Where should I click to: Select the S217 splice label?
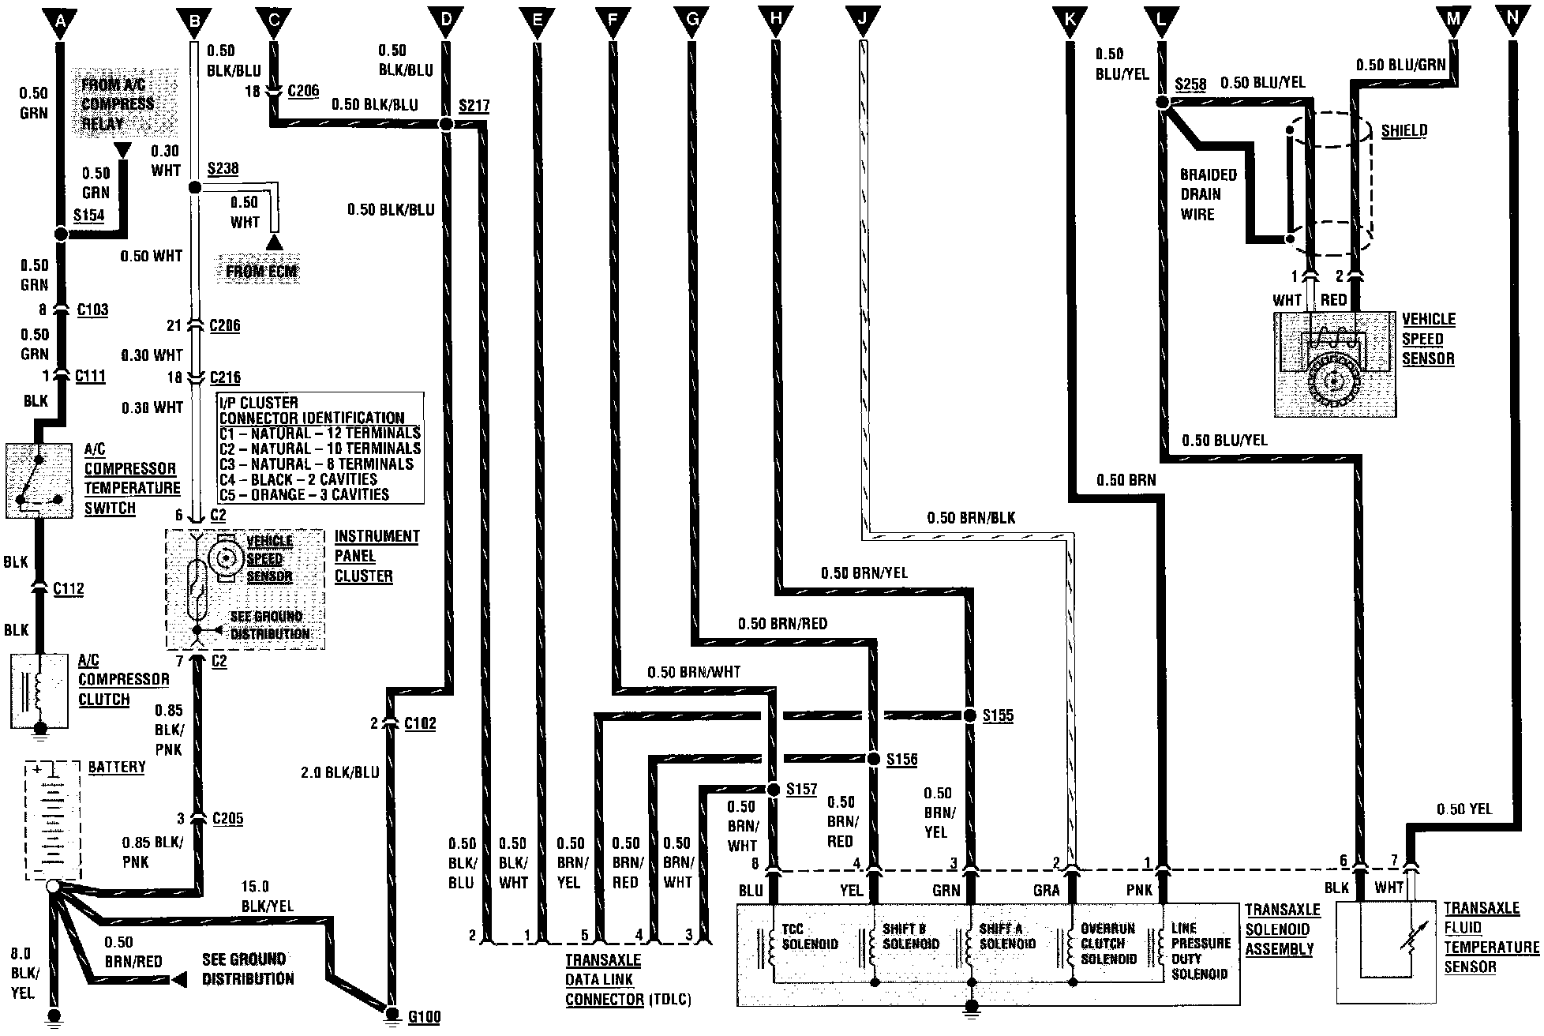point(474,105)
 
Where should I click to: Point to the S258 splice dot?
point(1162,103)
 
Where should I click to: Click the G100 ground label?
point(424,1016)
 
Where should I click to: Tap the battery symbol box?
point(54,821)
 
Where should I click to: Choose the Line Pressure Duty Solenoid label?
point(1200,952)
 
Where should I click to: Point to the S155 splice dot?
point(970,715)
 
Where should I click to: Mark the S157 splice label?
point(801,790)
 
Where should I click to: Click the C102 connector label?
point(419,723)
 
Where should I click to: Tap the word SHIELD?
point(1403,131)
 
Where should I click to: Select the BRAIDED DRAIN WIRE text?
point(1208,194)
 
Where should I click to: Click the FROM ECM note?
point(261,272)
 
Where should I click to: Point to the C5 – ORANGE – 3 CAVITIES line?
point(304,495)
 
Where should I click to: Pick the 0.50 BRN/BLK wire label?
point(971,519)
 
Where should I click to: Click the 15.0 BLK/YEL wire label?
point(267,896)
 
